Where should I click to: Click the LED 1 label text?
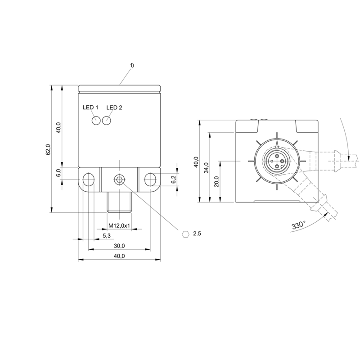90,108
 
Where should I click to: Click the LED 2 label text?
114,108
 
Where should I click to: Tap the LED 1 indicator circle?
96,121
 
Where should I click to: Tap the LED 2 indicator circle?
107,121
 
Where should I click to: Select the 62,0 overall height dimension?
48,149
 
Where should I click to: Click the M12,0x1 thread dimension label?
119,226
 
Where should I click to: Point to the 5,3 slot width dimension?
107,235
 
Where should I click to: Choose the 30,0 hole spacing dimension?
119,246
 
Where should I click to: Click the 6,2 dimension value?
174,179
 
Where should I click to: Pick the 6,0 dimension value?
58,173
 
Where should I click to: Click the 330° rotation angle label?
299,225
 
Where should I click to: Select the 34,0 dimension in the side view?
207,167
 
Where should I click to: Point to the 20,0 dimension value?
217,181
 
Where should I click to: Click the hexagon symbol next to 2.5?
185,234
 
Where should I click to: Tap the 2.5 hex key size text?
197,234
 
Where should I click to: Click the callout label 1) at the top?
132,65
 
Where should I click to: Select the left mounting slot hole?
88,180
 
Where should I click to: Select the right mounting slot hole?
150,180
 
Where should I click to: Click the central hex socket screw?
119,180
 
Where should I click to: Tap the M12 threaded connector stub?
119,202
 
